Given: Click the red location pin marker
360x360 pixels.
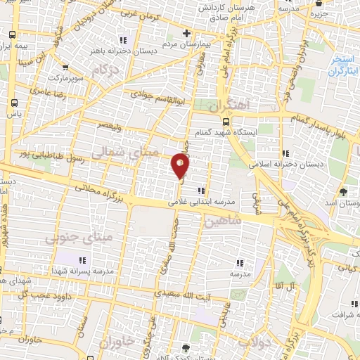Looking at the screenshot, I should click(x=180, y=165).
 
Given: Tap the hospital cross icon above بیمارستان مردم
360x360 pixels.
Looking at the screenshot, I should click(x=186, y=34).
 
